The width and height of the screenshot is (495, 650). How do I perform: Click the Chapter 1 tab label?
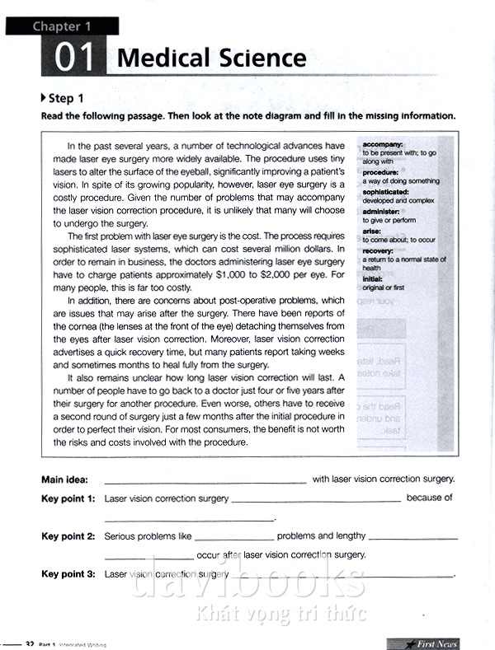tap(68, 26)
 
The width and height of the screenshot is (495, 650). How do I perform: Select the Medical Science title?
tap(211, 58)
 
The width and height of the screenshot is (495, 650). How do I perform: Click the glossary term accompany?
tap(383, 145)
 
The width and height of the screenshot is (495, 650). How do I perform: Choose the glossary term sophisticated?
tap(386, 192)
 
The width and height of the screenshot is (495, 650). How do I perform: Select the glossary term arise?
tap(372, 231)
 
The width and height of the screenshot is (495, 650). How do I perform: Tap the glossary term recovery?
tap(379, 250)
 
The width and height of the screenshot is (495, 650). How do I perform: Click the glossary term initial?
tap(373, 278)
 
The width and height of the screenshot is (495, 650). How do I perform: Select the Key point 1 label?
tap(68, 498)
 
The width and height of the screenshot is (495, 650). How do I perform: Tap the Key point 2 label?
tap(68, 536)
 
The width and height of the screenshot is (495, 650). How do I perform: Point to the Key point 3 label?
tap(68, 574)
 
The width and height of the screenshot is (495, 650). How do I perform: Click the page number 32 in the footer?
tap(30, 643)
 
